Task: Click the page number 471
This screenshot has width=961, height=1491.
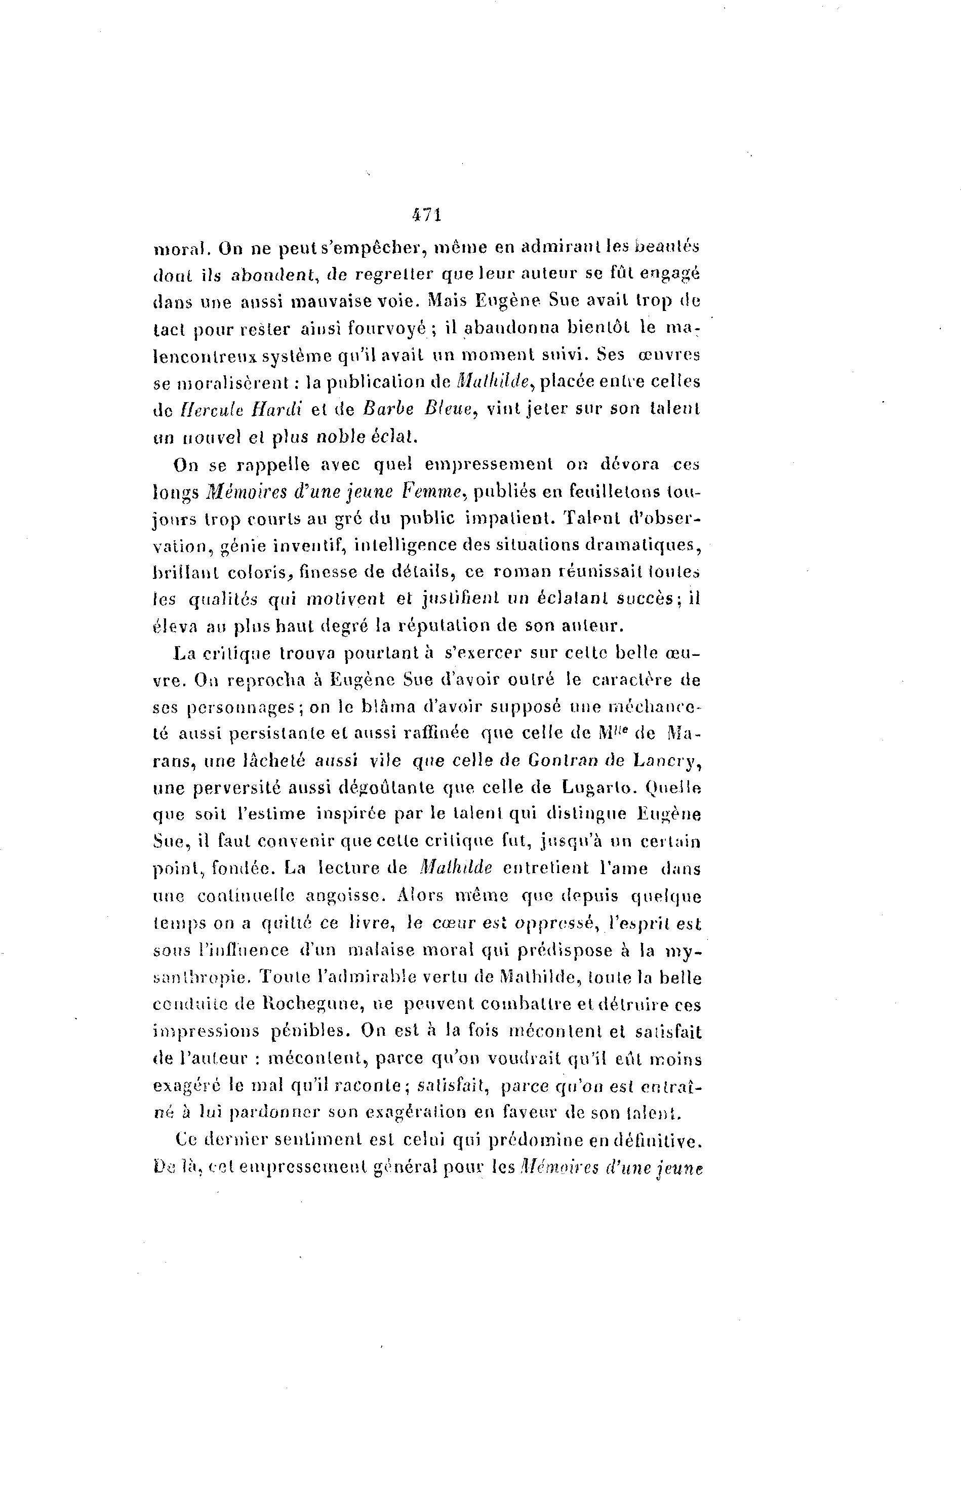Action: (x=427, y=215)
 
